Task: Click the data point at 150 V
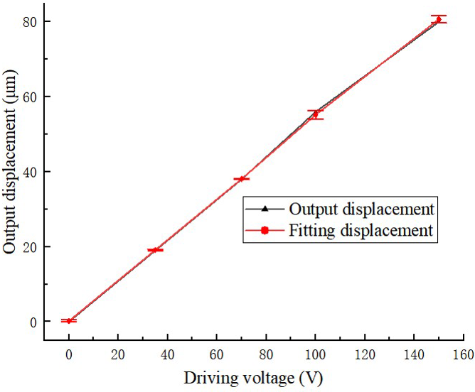pyautogui.click(x=438, y=19)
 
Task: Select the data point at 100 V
pyautogui.click(x=315, y=114)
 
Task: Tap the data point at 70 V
pyautogui.click(x=242, y=178)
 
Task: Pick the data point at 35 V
pyautogui.click(x=155, y=250)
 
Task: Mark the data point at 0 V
pyautogui.click(x=68, y=321)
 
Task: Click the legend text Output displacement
pyautogui.click(x=361, y=209)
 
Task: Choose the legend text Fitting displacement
pyautogui.click(x=361, y=230)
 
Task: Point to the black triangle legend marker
pyautogui.click(x=264, y=209)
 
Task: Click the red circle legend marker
pyautogui.click(x=264, y=230)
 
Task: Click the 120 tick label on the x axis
pyautogui.click(x=365, y=353)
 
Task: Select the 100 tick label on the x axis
pyautogui.click(x=316, y=353)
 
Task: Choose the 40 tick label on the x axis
pyautogui.click(x=168, y=353)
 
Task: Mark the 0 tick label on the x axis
pyautogui.click(x=69, y=353)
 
